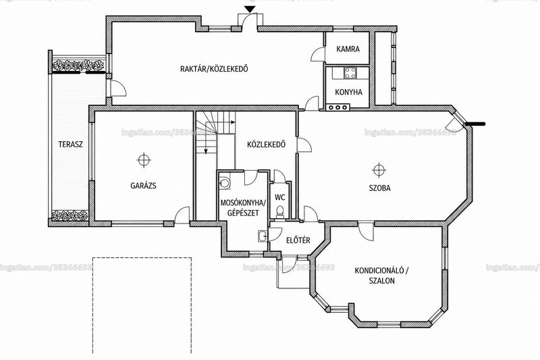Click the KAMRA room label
click(x=348, y=49)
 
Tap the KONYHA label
click(x=348, y=93)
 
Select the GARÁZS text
click(x=143, y=185)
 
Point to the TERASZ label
click(x=71, y=145)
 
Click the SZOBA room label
click(x=379, y=188)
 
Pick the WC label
click(x=280, y=197)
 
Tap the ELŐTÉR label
click(x=298, y=240)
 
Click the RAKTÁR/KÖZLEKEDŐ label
click(x=214, y=68)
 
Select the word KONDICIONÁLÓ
click(x=379, y=270)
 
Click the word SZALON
click(x=381, y=281)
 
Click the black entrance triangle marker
click(x=249, y=9)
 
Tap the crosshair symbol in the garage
click(x=144, y=160)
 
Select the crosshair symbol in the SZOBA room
click(x=379, y=170)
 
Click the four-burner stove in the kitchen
click(x=351, y=73)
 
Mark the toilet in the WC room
click(x=280, y=212)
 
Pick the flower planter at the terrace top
click(x=78, y=65)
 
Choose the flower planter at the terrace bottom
click(x=70, y=215)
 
